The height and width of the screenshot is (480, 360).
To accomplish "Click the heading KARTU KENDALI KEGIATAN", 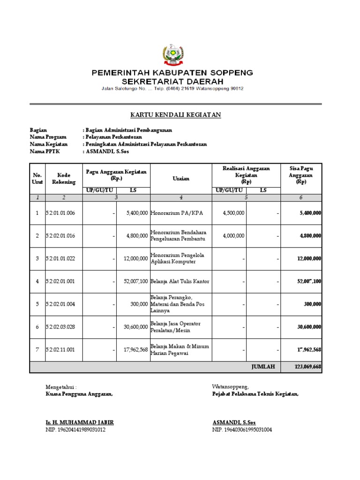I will click(x=175, y=114).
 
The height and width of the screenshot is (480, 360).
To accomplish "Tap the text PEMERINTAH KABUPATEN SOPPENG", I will click(x=172, y=73).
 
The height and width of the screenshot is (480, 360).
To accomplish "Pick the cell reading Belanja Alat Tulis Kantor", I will click(x=180, y=281).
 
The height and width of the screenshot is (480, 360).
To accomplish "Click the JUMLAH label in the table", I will click(x=262, y=367).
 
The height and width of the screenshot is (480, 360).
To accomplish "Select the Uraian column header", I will click(x=181, y=179).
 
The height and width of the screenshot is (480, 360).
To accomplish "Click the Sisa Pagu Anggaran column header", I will click(x=301, y=175).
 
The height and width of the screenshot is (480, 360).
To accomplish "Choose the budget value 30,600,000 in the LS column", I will click(x=134, y=327).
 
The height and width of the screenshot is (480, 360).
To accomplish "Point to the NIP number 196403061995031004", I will click(x=242, y=429).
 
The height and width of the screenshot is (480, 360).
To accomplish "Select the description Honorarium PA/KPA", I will click(x=173, y=213).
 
